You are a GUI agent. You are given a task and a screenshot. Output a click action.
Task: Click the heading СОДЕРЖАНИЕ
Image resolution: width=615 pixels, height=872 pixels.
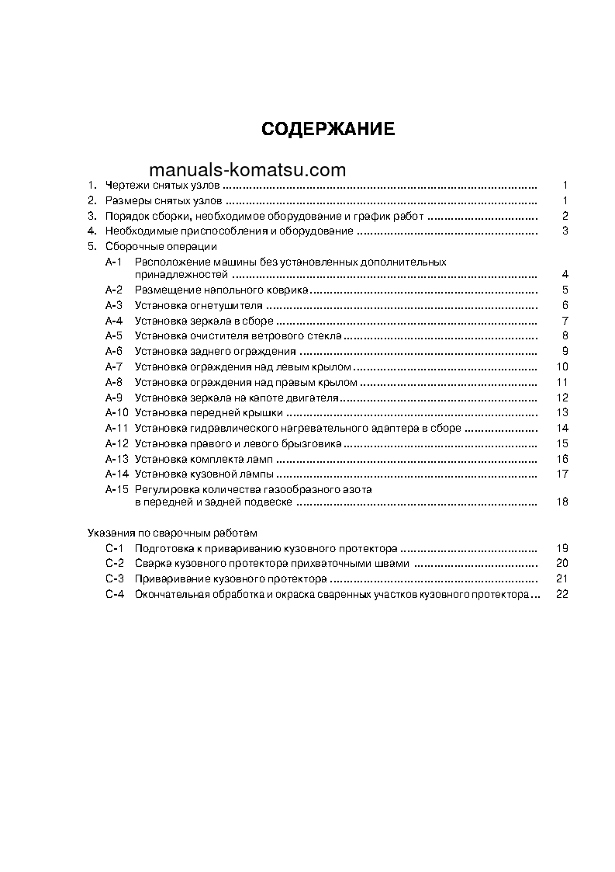pyautogui.click(x=328, y=130)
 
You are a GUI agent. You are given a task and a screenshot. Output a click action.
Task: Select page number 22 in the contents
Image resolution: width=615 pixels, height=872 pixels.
pyautogui.click(x=563, y=594)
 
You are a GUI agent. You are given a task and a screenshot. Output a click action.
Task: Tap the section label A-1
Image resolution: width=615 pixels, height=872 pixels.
pyautogui.click(x=114, y=262)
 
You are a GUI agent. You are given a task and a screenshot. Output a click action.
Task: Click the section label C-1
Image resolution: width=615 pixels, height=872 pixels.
pyautogui.click(x=114, y=547)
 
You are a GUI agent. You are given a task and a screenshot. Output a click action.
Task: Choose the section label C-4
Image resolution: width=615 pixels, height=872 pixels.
pyautogui.click(x=114, y=594)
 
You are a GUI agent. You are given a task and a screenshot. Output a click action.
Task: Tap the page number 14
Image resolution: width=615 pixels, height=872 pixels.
pyautogui.click(x=563, y=428)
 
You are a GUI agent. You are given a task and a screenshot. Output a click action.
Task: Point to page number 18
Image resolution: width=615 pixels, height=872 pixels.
pyautogui.click(x=563, y=502)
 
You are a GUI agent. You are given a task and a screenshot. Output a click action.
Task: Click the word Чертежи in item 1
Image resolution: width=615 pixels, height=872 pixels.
pyautogui.click(x=125, y=186)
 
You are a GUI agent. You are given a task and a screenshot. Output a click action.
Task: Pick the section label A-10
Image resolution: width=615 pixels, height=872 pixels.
pyautogui.click(x=117, y=412)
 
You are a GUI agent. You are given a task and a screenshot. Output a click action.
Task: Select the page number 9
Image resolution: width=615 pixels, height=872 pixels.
pyautogui.click(x=566, y=351)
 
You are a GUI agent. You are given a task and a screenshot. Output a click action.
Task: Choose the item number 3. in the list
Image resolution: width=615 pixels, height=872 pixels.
pyautogui.click(x=91, y=216)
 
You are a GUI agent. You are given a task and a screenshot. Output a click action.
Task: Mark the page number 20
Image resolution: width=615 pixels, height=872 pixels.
pyautogui.click(x=563, y=563)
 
